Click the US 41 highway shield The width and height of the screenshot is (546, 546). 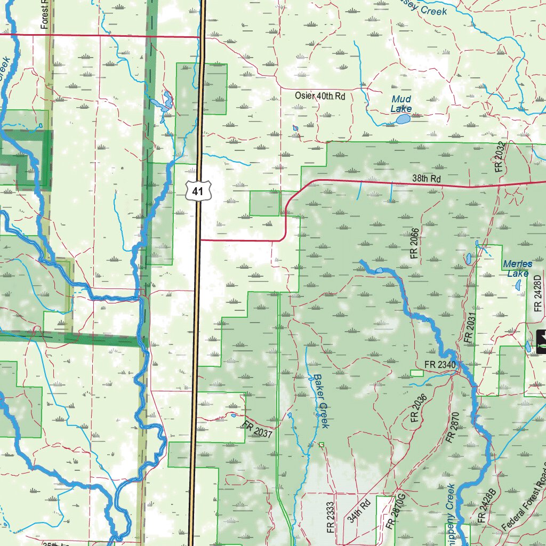click(x=198, y=190)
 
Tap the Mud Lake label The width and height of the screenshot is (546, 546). click(x=401, y=104)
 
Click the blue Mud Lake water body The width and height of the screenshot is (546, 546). click(x=403, y=119)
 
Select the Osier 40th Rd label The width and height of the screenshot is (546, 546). click(x=320, y=96)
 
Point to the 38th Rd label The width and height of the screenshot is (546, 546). click(x=427, y=179)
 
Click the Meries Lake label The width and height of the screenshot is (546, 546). click(x=517, y=269)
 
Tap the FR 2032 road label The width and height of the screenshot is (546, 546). click(x=499, y=158)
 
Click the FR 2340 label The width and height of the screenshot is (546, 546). click(x=440, y=365)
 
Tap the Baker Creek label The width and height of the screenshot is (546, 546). click(x=320, y=401)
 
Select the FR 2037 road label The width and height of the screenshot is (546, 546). click(x=258, y=430)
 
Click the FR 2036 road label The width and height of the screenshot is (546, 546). click(x=419, y=409)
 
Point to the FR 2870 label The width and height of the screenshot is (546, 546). click(x=451, y=428)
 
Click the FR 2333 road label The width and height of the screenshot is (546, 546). click(x=331, y=517)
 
